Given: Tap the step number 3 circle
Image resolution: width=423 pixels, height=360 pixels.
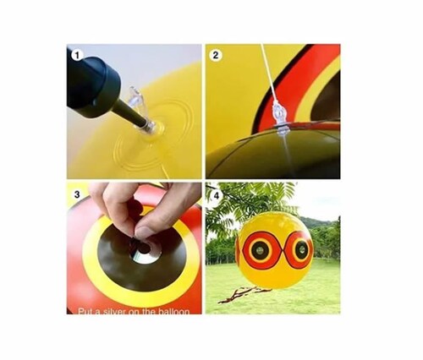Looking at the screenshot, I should click(76, 193).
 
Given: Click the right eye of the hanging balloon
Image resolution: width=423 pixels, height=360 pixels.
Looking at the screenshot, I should click(297, 251).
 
